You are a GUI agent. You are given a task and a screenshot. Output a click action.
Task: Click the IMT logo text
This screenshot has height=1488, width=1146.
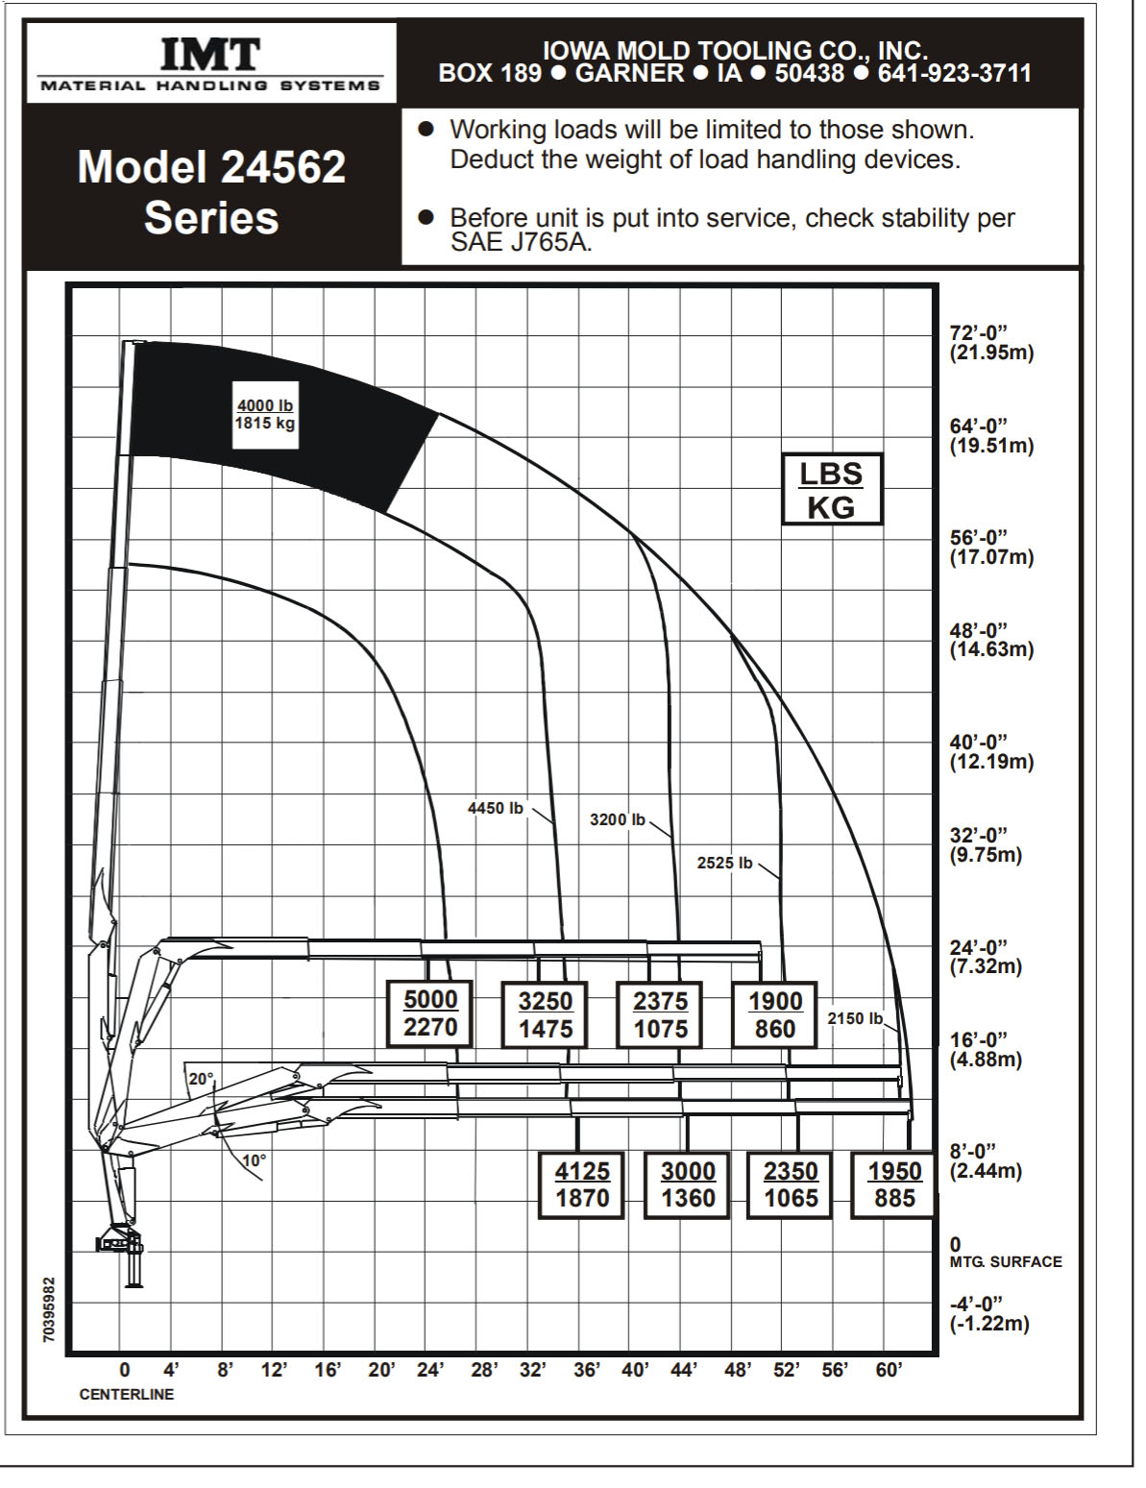[209, 55]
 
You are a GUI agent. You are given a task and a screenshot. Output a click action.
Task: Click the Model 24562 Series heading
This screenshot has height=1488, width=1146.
[211, 192]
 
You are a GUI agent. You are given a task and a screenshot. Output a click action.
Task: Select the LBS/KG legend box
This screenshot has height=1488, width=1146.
[831, 489]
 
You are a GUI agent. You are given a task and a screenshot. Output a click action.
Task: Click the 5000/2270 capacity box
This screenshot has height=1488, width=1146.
[430, 1013]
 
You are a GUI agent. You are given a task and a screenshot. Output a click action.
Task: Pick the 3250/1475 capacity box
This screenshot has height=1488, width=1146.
[546, 1014]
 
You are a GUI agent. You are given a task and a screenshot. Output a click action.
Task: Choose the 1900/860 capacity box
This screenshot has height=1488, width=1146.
[774, 1014]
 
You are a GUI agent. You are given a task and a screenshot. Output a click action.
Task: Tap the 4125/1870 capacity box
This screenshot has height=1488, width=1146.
[582, 1184]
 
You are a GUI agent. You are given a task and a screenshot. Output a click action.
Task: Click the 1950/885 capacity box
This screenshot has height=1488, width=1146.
[894, 1184]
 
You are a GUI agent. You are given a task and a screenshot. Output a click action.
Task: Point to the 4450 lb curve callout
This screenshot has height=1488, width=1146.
[496, 808]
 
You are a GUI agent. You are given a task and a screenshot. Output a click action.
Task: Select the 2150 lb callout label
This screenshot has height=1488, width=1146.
[855, 1018]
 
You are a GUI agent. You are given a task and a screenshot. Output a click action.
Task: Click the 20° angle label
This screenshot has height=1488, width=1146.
[201, 1079]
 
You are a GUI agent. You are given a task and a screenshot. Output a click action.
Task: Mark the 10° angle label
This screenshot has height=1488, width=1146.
[254, 1160]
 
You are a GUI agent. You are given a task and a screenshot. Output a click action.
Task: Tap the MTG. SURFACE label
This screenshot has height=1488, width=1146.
[1006, 1262]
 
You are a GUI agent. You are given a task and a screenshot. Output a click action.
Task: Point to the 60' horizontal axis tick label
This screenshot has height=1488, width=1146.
[889, 1370]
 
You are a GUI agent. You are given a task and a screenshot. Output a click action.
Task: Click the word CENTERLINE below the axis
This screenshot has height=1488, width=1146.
[127, 1394]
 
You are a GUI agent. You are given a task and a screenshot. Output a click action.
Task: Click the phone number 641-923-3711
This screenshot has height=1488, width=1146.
[955, 73]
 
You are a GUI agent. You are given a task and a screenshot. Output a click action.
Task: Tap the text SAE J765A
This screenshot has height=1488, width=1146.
[521, 242]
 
